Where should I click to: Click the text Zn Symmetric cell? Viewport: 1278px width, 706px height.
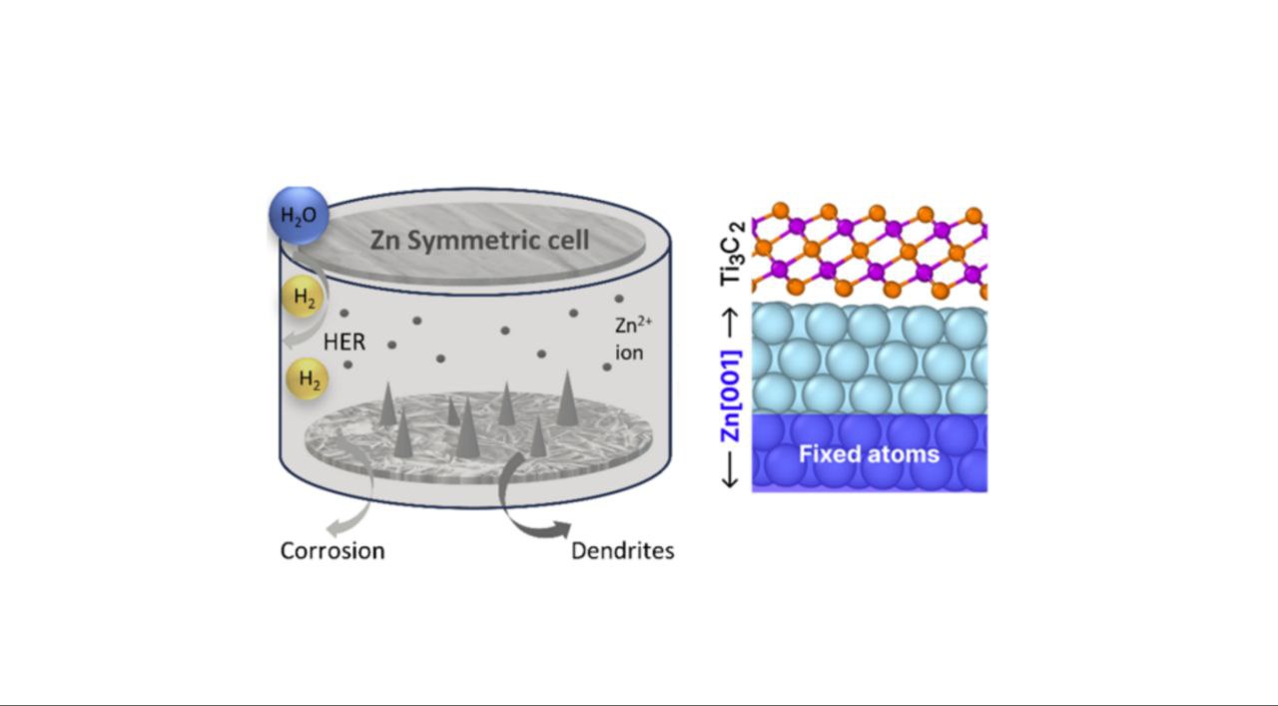pyautogui.click(x=479, y=241)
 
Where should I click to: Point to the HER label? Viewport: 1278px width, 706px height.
pyautogui.click(x=345, y=343)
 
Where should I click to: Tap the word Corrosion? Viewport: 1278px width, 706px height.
pyautogui.click(x=332, y=550)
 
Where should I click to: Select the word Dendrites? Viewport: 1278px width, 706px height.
pyautogui.click(x=622, y=550)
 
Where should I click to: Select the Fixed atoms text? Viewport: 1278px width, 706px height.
pyautogui.click(x=869, y=454)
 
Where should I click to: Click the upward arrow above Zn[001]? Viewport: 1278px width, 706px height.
pyautogui.click(x=734, y=323)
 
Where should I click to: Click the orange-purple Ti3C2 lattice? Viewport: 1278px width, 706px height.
pyautogui.click(x=869, y=250)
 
